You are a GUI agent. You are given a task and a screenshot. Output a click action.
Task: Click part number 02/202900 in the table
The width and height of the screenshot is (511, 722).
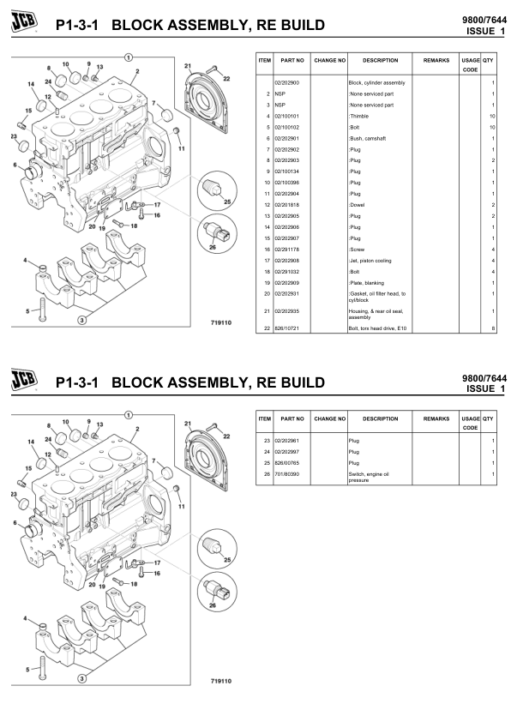click(x=286, y=82)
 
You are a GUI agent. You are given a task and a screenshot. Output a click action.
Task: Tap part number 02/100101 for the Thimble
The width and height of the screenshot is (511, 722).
click(x=286, y=116)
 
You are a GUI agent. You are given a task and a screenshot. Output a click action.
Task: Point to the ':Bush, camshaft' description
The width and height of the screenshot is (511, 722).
click(x=365, y=138)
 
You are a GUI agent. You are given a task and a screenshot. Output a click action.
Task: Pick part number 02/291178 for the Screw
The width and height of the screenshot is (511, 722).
click(x=286, y=250)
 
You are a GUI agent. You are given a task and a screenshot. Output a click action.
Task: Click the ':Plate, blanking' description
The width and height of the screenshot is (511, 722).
click(x=366, y=283)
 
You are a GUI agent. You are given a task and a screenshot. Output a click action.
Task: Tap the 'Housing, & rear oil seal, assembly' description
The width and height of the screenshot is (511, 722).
click(x=374, y=314)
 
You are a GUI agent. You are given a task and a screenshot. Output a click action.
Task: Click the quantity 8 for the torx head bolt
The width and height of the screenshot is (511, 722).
click(x=493, y=328)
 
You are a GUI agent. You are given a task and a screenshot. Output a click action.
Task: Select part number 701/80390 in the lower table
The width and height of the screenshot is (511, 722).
click(x=286, y=473)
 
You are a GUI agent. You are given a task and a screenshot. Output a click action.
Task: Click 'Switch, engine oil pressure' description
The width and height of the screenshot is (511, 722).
click(x=369, y=477)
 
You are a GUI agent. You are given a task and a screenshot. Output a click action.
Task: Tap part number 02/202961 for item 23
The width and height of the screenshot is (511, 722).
click(x=286, y=440)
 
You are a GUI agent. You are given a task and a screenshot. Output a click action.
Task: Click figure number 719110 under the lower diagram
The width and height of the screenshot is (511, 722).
click(x=221, y=681)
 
